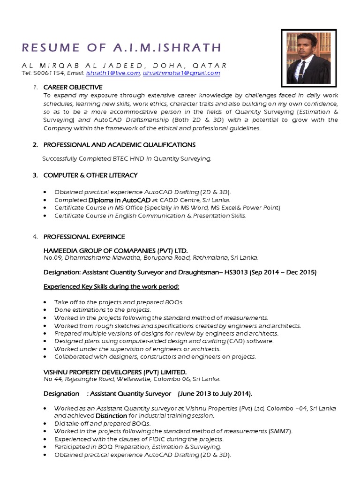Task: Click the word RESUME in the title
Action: pyautogui.click(x=47, y=47)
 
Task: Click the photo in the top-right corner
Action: pyautogui.click(x=309, y=55)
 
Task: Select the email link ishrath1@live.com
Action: pyautogui.click(x=113, y=73)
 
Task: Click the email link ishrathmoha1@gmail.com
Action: pyautogui.click(x=181, y=73)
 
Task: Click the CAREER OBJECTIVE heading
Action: pyautogui.click(x=73, y=87)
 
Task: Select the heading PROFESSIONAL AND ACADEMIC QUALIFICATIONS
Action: pyautogui.click(x=119, y=145)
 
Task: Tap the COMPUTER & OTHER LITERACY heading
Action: pyautogui.click(x=90, y=175)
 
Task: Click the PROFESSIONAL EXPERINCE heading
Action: pyautogui.click(x=84, y=237)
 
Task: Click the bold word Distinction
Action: pyautogui.click(x=112, y=415)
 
